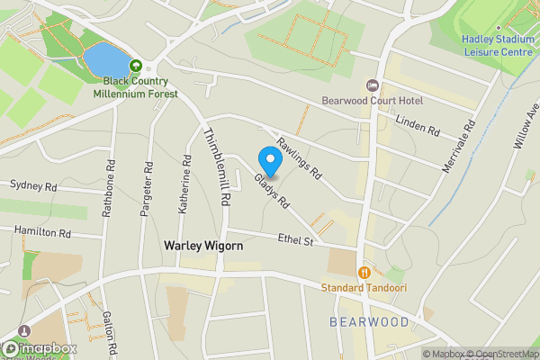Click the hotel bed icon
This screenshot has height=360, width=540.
point(372,85)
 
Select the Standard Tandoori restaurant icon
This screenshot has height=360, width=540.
point(364,272)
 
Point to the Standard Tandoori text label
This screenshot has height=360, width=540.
point(364,288)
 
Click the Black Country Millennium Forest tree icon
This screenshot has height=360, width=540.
point(135,66)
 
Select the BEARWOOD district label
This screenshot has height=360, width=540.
point(369,321)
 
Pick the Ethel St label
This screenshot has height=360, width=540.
point(294,240)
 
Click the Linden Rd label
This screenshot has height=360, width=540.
point(417,126)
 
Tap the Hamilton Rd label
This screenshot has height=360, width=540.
point(41,231)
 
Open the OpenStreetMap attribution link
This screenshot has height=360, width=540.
point(500,354)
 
